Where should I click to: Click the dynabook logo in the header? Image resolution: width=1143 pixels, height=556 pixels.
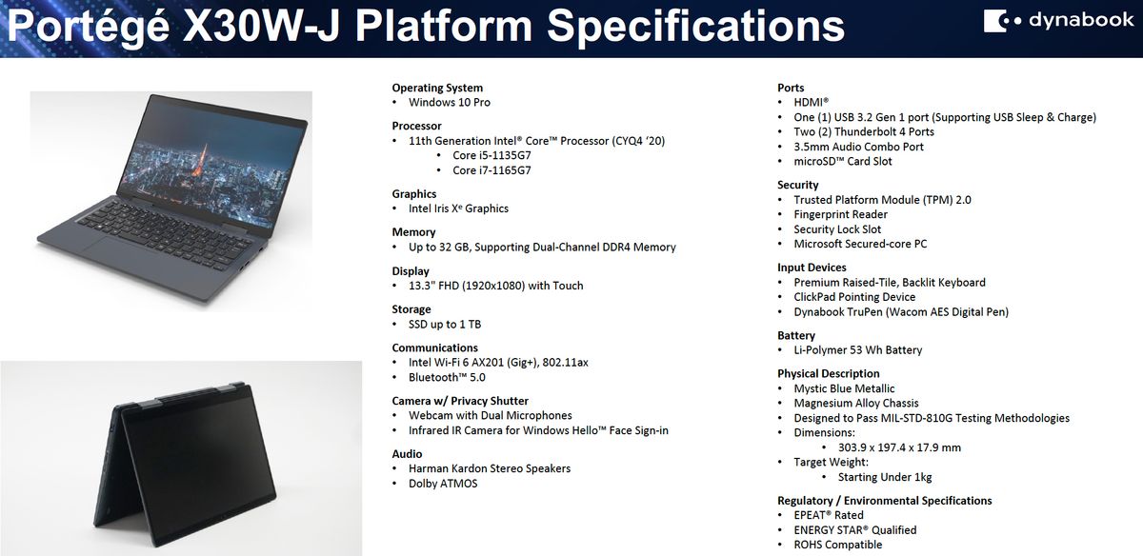(1057, 20)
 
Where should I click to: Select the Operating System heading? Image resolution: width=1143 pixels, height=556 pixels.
(437, 88)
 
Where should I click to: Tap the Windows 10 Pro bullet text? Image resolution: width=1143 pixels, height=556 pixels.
(450, 102)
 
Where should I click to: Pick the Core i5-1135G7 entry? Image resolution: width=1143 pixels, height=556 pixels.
(491, 155)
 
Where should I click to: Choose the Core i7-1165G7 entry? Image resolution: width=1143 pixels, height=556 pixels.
(491, 170)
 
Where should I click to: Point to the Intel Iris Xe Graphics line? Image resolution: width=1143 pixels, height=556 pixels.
(458, 208)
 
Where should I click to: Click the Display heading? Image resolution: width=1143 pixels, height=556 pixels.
(411, 271)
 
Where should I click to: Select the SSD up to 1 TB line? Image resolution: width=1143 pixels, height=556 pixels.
(445, 325)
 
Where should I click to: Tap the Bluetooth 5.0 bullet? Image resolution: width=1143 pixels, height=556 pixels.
(447, 377)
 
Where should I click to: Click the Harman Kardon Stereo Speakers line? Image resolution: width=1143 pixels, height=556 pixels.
(490, 468)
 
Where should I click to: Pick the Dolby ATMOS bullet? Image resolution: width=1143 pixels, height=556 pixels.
(443, 484)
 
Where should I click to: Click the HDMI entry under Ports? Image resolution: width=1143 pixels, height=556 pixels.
(811, 102)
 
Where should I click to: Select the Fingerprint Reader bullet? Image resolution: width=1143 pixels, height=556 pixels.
(840, 214)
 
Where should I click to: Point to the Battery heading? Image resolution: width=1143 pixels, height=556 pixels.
(796, 335)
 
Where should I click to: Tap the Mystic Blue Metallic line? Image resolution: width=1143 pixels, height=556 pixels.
(844, 388)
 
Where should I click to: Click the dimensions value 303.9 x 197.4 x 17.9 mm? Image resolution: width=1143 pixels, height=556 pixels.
(899, 447)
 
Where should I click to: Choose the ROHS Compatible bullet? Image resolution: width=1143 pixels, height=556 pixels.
(837, 545)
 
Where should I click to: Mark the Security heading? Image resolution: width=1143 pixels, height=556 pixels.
(798, 185)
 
